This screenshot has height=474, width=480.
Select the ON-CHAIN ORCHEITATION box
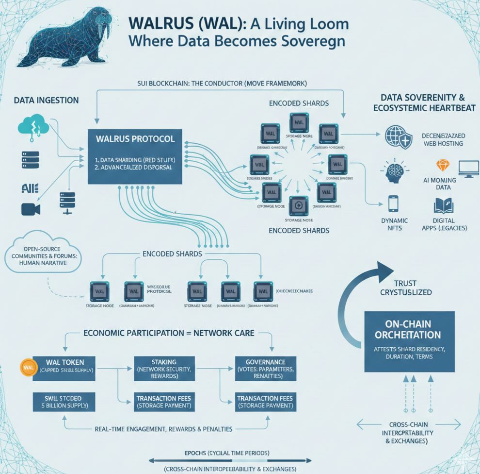pos(409,341)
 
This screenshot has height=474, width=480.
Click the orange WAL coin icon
pos(27,367)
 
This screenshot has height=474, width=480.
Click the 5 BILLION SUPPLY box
pos(64,401)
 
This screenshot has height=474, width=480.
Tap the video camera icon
pos(31,209)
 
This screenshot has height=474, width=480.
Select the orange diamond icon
pos(443,166)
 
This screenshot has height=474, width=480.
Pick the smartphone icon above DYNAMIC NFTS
pos(393,203)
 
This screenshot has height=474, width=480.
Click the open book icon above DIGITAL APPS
pos(443,205)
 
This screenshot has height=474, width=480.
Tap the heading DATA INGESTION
pos(46,100)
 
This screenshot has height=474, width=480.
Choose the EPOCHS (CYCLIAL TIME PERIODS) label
pos(227,453)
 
